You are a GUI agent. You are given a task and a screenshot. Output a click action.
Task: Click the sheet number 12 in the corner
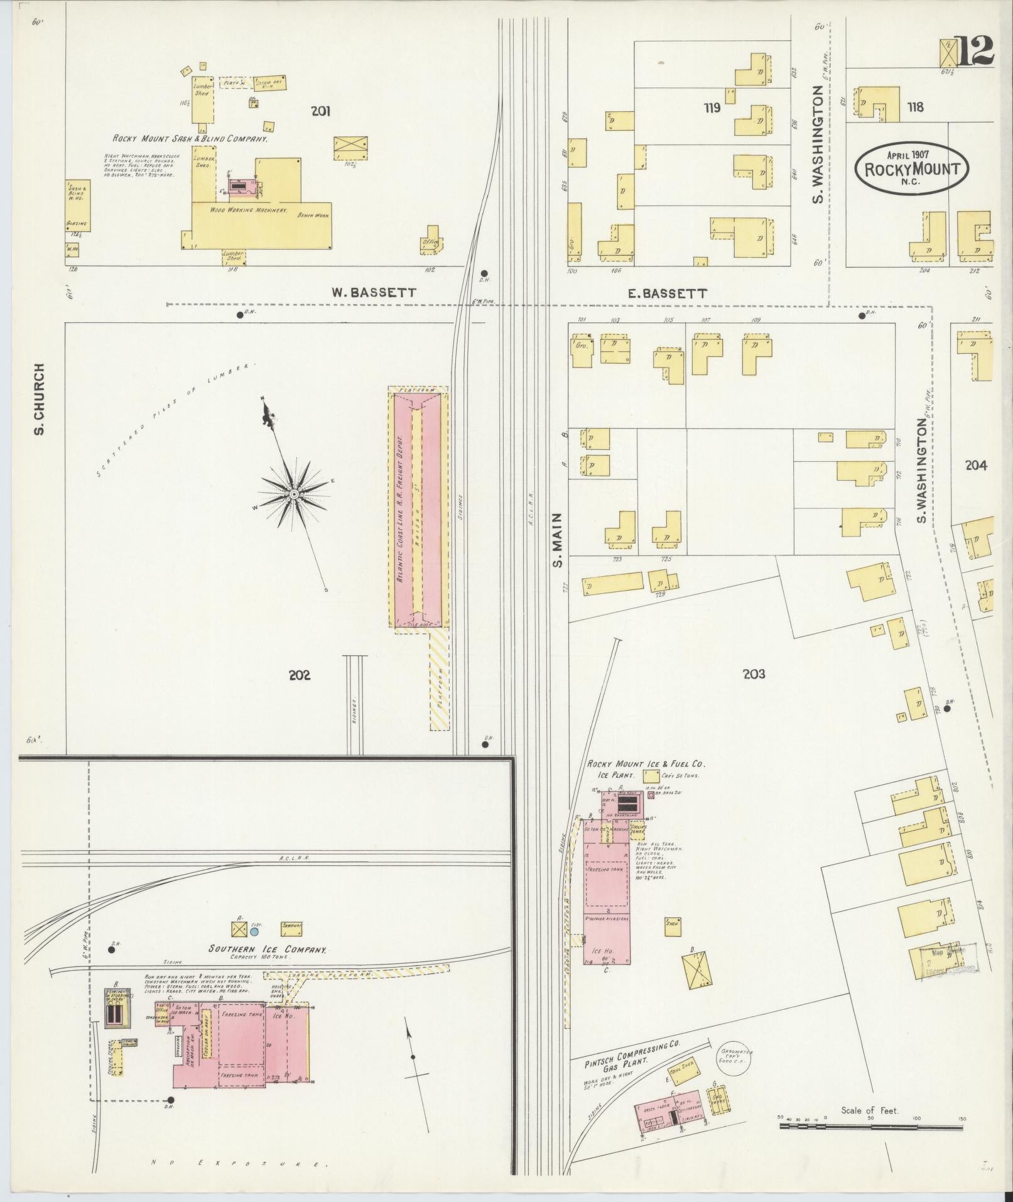975,51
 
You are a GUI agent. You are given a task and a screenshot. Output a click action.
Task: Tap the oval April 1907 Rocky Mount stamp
912,166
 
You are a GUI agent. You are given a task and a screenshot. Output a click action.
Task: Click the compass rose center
293,494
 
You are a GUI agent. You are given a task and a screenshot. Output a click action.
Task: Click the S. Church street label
38,399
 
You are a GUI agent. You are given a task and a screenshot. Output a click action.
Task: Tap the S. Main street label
557,539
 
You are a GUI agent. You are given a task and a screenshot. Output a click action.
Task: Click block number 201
320,112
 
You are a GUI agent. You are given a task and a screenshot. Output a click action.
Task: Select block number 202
300,675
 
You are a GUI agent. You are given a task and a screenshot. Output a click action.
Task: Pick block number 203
754,674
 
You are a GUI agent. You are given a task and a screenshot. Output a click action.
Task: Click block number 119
712,108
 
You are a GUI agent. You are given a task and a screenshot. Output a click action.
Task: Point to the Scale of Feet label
870,1110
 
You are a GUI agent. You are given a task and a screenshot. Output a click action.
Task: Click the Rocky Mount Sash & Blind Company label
190,139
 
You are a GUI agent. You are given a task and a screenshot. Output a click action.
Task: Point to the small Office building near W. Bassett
431,241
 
